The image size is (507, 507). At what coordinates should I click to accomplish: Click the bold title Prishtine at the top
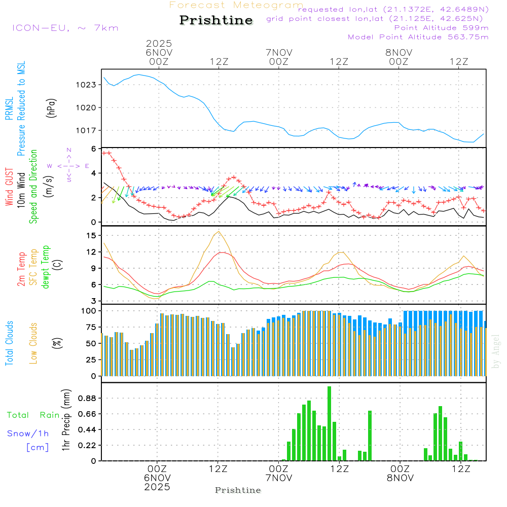click(216, 20)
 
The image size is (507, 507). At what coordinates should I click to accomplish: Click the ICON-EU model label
click(65, 28)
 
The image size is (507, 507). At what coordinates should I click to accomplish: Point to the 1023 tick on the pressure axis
click(87, 85)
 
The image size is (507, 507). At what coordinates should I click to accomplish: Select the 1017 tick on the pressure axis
click(87, 130)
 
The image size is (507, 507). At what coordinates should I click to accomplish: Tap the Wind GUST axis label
click(9, 187)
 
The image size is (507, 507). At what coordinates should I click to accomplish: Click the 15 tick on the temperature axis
click(91, 235)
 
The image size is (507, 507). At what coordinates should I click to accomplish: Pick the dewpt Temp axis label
click(46, 267)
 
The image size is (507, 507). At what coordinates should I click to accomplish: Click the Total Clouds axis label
click(9, 343)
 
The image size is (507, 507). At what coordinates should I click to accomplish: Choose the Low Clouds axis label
click(34, 342)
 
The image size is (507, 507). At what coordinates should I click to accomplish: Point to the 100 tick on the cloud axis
click(89, 310)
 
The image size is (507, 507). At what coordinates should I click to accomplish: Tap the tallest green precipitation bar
click(329, 423)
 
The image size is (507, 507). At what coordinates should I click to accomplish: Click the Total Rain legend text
click(33, 415)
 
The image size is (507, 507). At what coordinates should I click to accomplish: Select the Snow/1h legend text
click(28, 433)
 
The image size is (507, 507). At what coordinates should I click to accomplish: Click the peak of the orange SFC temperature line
click(219, 232)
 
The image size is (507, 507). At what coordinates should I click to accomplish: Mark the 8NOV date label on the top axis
click(399, 52)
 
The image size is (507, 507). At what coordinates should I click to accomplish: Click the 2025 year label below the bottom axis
click(158, 487)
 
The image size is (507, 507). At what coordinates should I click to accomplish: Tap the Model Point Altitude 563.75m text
click(418, 37)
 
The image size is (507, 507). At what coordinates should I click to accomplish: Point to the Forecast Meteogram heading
click(236, 5)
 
